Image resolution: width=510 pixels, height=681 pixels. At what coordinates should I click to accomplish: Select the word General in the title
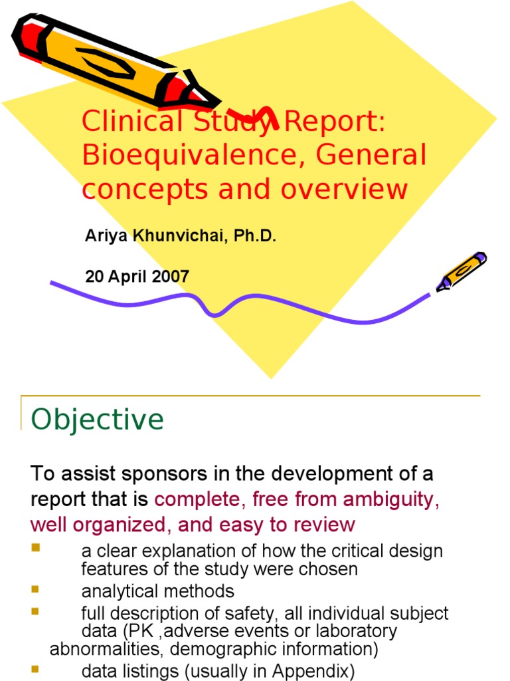click(x=371, y=156)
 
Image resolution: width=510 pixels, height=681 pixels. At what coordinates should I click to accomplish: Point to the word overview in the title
click(x=344, y=189)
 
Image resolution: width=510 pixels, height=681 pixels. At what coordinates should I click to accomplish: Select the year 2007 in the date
click(x=171, y=276)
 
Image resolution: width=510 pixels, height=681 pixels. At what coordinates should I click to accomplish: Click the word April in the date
click(x=127, y=276)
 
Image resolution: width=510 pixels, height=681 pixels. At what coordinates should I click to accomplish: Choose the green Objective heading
click(x=98, y=420)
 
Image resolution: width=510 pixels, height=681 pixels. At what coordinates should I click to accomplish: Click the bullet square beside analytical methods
click(x=35, y=589)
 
